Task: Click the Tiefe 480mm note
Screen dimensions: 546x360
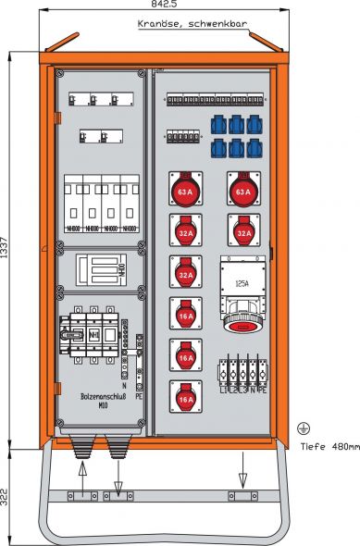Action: (329, 447)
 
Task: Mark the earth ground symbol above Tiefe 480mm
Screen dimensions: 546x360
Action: (301, 428)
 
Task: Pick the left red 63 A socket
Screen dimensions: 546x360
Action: (185, 191)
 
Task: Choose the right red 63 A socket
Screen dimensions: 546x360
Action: (242, 191)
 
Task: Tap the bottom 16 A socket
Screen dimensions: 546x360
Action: (185, 398)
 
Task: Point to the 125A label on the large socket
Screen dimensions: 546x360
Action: (242, 284)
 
